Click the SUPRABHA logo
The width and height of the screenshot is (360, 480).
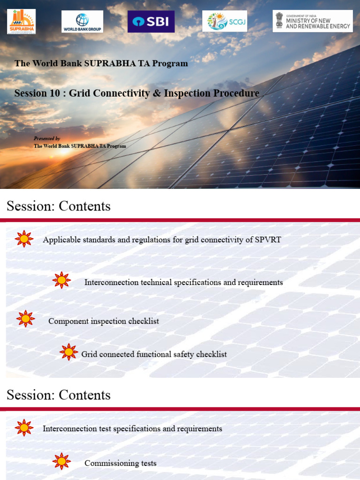pos(21,22)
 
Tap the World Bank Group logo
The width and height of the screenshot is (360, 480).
pos(82,22)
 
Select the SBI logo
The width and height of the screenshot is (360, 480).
pos(151,22)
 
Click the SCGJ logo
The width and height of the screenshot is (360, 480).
pos(225,22)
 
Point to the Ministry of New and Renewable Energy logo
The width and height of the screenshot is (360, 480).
pos(313,21)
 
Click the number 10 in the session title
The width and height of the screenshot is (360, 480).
pos(54,93)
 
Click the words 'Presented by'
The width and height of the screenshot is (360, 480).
pos(47,139)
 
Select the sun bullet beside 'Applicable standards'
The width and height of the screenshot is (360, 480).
pos(24,239)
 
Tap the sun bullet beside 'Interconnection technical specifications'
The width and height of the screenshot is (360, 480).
pos(61,280)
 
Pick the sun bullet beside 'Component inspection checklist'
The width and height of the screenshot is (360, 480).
pos(25,319)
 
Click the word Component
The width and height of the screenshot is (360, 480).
pos(66,322)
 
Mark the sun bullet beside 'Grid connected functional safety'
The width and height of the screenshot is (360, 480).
pos(69,352)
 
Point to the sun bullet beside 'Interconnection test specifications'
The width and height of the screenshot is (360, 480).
pos(24,428)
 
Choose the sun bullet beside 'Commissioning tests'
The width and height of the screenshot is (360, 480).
pos(61,461)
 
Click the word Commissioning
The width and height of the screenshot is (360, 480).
pos(105,464)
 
